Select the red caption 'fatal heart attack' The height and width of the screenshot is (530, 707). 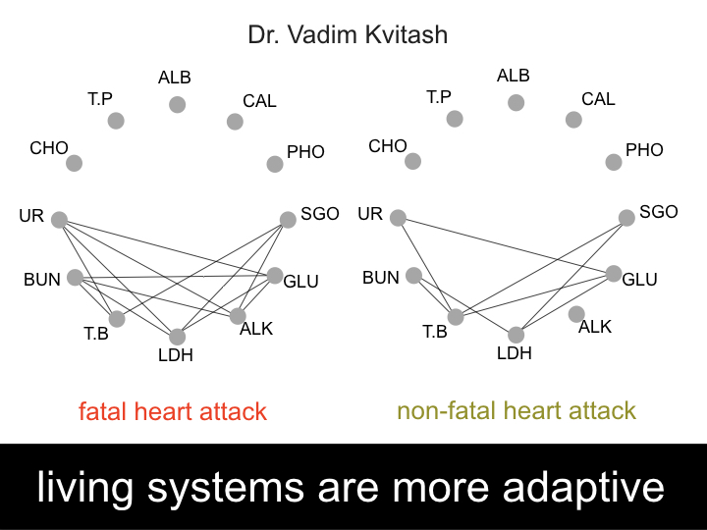click(x=173, y=410)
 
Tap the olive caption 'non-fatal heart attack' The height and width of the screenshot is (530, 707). click(x=516, y=410)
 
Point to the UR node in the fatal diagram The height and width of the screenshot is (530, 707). click(x=59, y=220)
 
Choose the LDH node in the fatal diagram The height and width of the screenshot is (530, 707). click(x=177, y=337)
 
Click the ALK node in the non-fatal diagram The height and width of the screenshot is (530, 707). click(x=576, y=314)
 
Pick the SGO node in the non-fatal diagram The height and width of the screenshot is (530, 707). click(x=625, y=218)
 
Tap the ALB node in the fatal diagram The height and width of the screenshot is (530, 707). click(x=177, y=104)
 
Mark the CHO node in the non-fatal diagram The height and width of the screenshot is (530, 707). click(x=412, y=161)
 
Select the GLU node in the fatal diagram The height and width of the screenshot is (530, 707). click(x=274, y=276)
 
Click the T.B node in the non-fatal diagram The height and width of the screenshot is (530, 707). click(x=455, y=316)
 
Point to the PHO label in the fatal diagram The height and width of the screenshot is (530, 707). click(x=305, y=152)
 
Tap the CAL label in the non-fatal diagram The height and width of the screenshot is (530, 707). click(x=598, y=99)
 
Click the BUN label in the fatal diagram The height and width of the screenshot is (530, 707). click(x=43, y=280)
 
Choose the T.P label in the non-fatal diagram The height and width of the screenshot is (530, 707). click(x=438, y=97)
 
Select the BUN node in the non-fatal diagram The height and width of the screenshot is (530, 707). click(x=414, y=276)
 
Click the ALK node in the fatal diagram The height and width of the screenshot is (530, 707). click(x=238, y=316)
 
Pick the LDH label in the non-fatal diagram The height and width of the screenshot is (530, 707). click(x=514, y=353)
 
